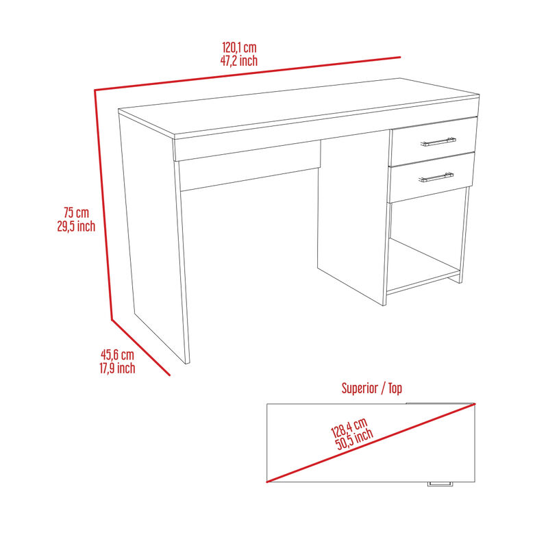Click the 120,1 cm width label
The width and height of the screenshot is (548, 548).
pyautogui.click(x=239, y=48)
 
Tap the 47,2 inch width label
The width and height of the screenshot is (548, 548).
pyautogui.click(x=239, y=60)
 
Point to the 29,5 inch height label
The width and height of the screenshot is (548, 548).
pyautogui.click(x=76, y=226)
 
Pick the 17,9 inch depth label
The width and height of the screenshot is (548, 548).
pyautogui.click(x=117, y=368)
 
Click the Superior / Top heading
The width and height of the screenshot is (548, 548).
pyautogui.click(x=371, y=388)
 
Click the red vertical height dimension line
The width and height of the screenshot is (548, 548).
pyautogui.click(x=103, y=206)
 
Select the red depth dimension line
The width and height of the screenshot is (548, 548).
pyautogui.click(x=140, y=347)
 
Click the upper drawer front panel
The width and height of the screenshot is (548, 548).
pyautogui.click(x=433, y=141)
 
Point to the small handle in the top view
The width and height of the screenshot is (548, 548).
pyautogui.click(x=440, y=484)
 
